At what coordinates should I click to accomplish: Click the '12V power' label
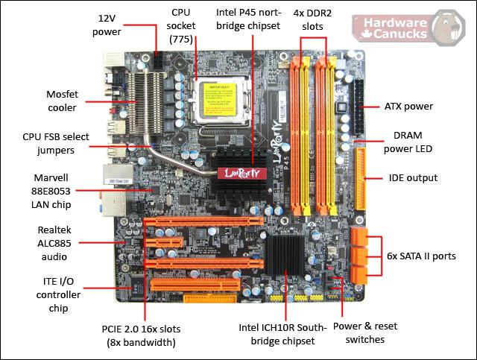tap(107, 25)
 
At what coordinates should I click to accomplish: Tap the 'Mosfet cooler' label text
tap(62, 101)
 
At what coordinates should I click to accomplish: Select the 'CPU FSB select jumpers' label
tap(56, 143)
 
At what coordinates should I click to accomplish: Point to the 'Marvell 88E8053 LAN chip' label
tap(51, 191)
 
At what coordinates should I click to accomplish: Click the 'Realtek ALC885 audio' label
tap(54, 243)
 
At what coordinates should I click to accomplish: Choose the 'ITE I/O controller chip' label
tap(58, 294)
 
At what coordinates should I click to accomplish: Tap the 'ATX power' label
tap(408, 107)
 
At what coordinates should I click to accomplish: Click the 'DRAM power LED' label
tap(408, 142)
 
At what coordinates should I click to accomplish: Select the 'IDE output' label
tap(413, 178)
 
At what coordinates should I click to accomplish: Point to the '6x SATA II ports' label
tap(421, 256)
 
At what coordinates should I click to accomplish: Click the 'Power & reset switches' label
tap(365, 332)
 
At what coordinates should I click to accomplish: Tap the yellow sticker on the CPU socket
tap(218, 100)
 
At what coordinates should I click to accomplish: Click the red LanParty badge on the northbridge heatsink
tap(242, 173)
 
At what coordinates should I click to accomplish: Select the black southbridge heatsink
tap(285, 255)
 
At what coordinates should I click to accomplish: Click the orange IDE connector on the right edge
tap(361, 179)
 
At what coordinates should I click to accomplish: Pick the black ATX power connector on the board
tap(358, 108)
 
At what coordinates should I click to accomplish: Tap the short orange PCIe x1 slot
tap(164, 242)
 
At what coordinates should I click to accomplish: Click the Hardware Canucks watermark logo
tap(409, 28)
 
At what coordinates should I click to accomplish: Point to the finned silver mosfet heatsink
tap(145, 103)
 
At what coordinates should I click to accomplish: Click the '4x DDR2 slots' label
tap(312, 20)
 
